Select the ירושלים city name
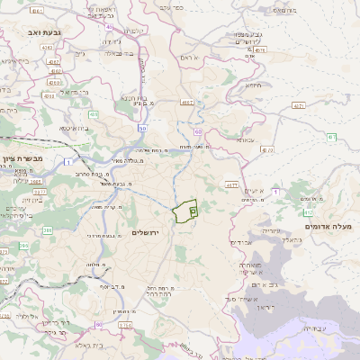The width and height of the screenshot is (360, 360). pos(144,233)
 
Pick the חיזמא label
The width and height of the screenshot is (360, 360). pos(255,86)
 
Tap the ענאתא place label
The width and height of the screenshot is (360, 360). pos(247,139)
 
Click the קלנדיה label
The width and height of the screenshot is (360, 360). pos(131,31)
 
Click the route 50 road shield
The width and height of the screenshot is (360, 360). pos(142,130)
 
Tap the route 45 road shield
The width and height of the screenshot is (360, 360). pos(108,27)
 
